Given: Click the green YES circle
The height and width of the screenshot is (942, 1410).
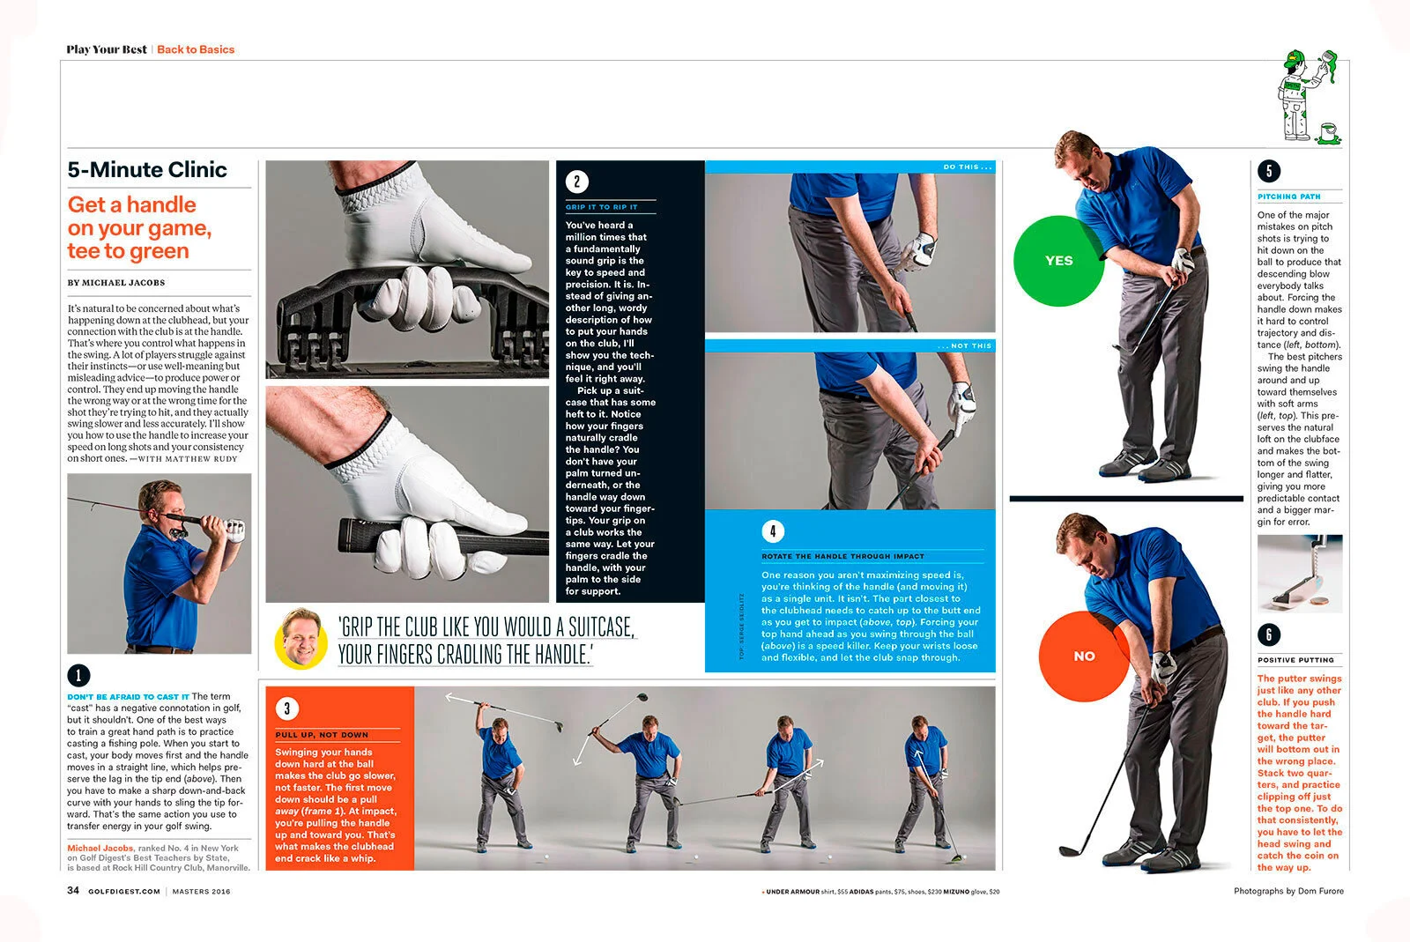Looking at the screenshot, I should (1058, 261).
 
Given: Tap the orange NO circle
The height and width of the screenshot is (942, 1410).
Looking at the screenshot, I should (1084, 656).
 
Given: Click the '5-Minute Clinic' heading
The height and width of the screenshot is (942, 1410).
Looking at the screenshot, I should (147, 170).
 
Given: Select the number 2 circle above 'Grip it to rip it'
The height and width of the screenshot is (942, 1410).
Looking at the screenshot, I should (577, 182).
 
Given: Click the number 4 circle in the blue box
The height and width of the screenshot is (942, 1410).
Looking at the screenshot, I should (773, 530).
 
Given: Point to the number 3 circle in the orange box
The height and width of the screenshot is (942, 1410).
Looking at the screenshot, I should (286, 708).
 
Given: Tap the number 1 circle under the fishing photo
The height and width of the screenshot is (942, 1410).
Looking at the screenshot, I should (78, 675).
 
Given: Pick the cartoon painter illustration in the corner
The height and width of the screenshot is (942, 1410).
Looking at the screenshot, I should (1308, 97).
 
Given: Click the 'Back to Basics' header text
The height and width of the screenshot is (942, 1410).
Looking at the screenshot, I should (196, 49).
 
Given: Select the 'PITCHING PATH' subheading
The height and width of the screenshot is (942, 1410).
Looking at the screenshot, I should (1288, 197).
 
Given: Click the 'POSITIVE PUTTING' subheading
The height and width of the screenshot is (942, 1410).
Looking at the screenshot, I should (1295, 660).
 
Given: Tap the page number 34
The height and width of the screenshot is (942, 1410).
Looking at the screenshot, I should (73, 891).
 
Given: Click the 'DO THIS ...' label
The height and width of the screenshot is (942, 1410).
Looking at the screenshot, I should (967, 167).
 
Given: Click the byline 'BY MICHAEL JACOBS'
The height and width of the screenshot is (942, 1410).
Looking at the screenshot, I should (116, 283).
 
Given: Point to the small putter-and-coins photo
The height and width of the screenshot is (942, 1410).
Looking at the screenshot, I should (1300, 574).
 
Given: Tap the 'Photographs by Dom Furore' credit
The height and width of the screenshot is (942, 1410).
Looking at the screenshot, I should (1288, 891).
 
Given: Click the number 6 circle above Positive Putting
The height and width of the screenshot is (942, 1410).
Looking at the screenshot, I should (1269, 634).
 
